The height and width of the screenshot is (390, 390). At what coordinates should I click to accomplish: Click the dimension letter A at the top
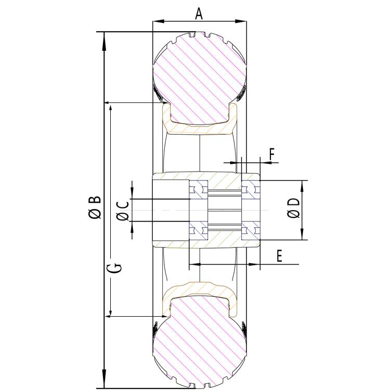point(199,13)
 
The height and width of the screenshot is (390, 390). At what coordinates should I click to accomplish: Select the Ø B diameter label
point(95,207)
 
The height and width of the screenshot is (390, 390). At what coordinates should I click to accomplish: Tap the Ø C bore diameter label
point(123,210)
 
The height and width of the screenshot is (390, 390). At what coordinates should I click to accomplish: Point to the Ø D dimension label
point(294,209)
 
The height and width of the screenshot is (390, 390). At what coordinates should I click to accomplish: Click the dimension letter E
point(279,256)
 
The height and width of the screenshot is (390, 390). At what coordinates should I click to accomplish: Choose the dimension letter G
point(117,267)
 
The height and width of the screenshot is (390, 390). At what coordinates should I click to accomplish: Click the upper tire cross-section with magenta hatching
point(199,78)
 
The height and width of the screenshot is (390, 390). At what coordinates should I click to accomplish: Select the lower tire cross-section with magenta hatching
point(199,341)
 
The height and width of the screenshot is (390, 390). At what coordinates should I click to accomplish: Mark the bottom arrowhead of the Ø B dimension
point(105,382)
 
